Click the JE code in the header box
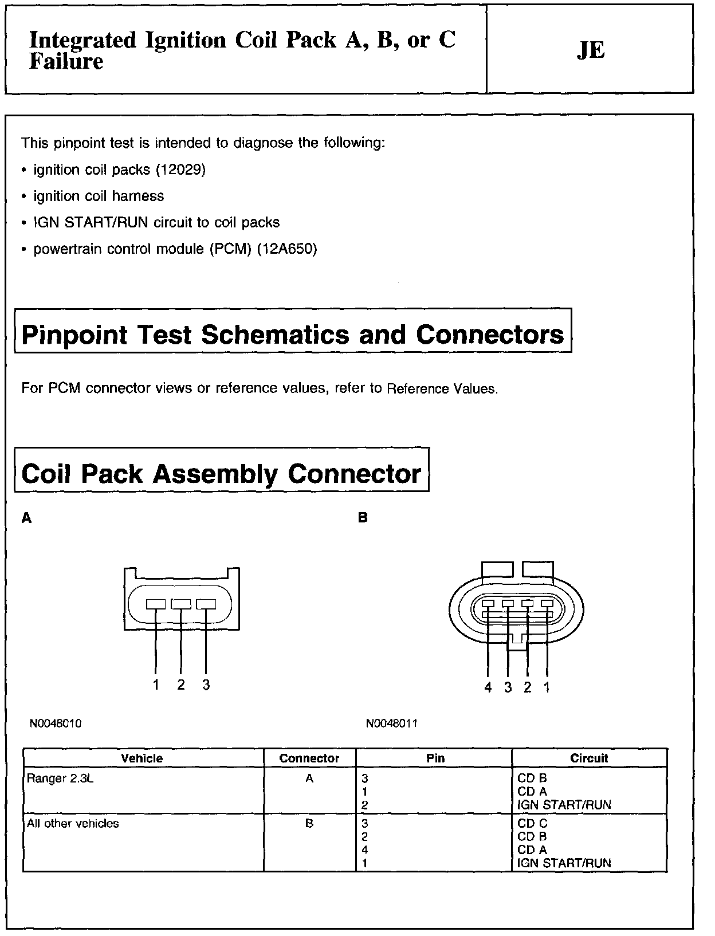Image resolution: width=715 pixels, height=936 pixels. tap(591, 50)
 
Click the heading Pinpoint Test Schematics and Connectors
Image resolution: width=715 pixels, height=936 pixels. tap(293, 335)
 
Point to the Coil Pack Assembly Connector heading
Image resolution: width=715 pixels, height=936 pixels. tap(221, 474)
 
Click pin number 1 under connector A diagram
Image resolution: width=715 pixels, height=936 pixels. tap(155, 685)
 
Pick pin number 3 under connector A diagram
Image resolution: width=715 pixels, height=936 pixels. tap(206, 685)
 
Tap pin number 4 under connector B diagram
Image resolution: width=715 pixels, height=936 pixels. tap(488, 687)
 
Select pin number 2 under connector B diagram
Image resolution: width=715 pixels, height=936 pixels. tap(528, 687)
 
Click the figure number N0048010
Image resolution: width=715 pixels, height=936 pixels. tap(56, 723)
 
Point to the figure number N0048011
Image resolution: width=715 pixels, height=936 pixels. tap(392, 723)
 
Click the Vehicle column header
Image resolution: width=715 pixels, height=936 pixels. tap(142, 758)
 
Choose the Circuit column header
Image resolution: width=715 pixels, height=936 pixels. tap(589, 758)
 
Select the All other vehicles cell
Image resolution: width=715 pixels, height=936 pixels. tap(73, 824)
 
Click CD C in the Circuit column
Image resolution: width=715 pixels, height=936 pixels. tap(532, 824)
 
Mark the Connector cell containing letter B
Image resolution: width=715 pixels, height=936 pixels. tap(309, 824)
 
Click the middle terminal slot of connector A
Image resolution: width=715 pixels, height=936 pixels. tap(181, 604)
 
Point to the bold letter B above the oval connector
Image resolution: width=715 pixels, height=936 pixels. tap(363, 518)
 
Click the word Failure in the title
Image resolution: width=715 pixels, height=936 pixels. tap(66, 61)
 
